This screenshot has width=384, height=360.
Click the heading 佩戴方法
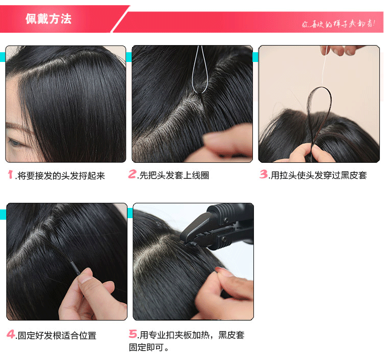(x=48, y=19)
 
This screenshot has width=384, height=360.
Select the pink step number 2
(x=132, y=175)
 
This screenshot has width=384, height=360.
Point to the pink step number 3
(x=263, y=175)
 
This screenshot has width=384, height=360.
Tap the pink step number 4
(x=11, y=335)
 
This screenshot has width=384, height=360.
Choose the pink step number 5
(x=133, y=335)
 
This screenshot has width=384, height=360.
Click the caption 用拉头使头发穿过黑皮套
(x=318, y=176)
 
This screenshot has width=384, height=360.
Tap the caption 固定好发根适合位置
(x=56, y=336)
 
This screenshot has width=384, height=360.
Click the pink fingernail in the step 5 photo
(x=221, y=268)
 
